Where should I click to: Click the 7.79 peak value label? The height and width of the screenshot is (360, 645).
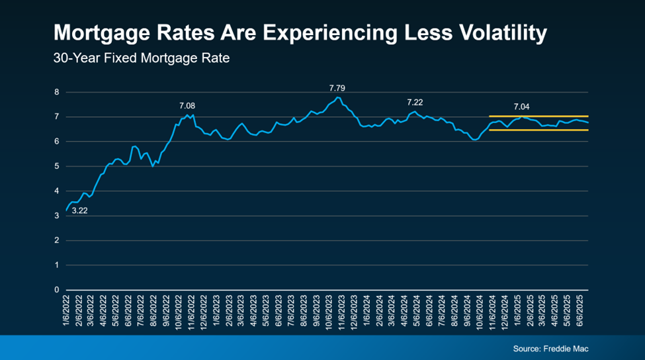pyautogui.click(x=338, y=87)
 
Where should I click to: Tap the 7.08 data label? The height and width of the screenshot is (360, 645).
pyautogui.click(x=187, y=105)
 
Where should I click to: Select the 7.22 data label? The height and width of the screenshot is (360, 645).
pyautogui.click(x=414, y=102)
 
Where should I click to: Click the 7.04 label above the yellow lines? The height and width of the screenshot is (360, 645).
pyautogui.click(x=521, y=106)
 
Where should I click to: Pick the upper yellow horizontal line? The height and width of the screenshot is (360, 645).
pyautogui.click(x=538, y=116)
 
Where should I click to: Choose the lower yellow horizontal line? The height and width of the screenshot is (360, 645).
pyautogui.click(x=538, y=130)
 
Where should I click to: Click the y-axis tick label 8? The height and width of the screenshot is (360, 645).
pyautogui.click(x=57, y=92)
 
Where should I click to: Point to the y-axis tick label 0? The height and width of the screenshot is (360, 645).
pyautogui.click(x=57, y=290)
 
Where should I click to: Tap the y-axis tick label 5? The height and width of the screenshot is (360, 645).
pyautogui.click(x=57, y=166)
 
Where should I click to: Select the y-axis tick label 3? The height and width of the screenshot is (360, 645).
pyautogui.click(x=57, y=216)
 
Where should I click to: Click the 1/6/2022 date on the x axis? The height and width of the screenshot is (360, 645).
pyautogui.click(x=67, y=311)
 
